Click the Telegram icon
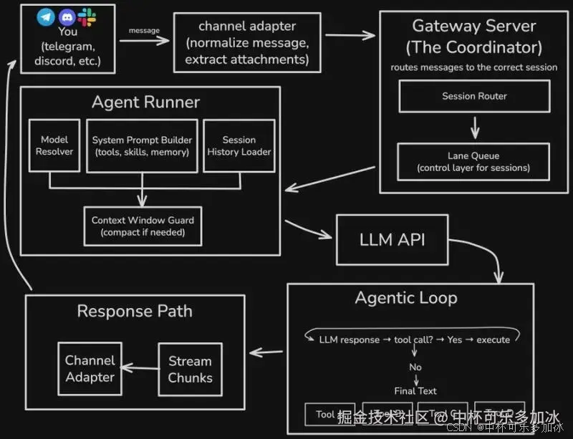pos(47,16)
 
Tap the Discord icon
pos(67,16)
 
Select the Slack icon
pos(87,16)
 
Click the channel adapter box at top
pos(246,42)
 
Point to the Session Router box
pos(474,96)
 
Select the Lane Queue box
pos(474,161)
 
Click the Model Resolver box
pos(54,145)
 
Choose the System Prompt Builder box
pos(142,145)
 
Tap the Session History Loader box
pos(239,145)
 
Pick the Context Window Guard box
pos(142,226)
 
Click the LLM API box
pos(392,239)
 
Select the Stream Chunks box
pos(190,369)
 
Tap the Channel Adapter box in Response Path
pos(90,369)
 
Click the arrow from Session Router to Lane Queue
pos(474,127)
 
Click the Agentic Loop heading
pos(406,298)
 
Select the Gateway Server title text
pos(474,37)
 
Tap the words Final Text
pos(415,391)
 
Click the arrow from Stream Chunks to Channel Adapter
pos(140,369)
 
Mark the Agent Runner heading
pos(145,102)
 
